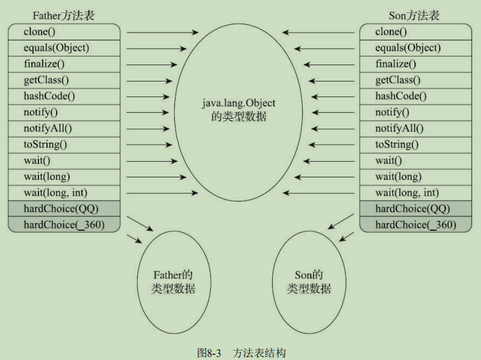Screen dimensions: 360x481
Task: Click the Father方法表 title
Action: point(63,15)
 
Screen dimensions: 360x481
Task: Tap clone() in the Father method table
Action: point(39,31)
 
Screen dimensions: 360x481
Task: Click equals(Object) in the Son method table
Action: point(407,48)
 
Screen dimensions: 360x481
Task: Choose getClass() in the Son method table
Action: point(397,80)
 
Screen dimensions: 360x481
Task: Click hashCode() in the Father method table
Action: point(49,96)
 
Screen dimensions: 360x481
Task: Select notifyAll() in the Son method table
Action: point(399,128)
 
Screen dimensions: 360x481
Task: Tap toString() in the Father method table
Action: point(45,144)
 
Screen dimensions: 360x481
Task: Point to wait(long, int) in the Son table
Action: point(407,192)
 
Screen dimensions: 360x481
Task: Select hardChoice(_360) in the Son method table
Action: point(415,225)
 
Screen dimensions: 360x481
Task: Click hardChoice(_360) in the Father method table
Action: point(63,225)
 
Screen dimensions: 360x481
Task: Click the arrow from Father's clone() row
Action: point(163,31)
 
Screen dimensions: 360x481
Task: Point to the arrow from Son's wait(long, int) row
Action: point(318,192)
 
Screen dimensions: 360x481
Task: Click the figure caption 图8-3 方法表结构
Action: point(241,353)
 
